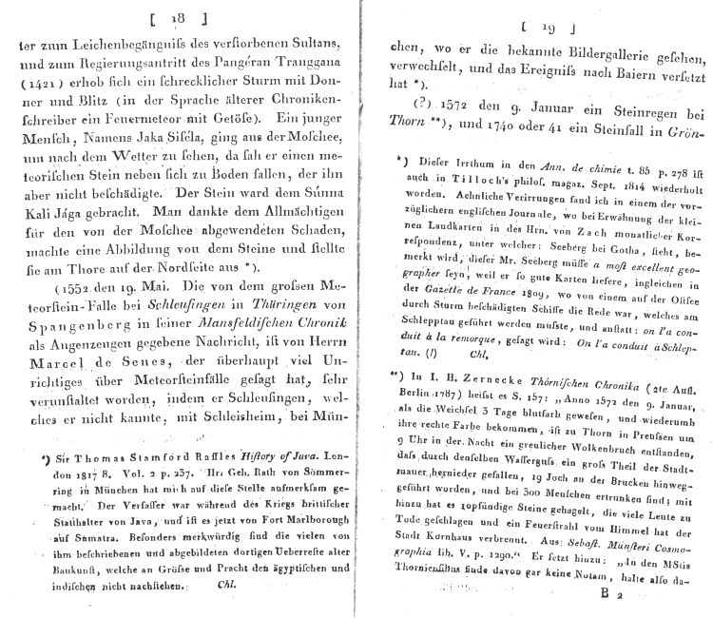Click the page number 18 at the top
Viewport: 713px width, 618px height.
click(176, 18)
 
